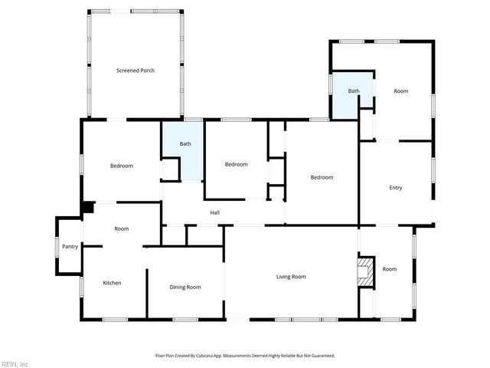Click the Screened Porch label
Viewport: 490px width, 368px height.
(x=136, y=71)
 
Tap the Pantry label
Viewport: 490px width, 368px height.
(x=70, y=247)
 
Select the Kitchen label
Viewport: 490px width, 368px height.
(x=112, y=283)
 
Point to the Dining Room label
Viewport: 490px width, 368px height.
(x=185, y=287)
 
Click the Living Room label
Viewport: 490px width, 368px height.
(x=291, y=277)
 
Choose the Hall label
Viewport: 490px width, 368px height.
(x=216, y=212)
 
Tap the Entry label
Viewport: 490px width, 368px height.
(x=395, y=187)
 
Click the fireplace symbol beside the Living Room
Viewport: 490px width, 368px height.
(x=366, y=271)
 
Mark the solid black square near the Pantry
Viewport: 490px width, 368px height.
(x=87, y=207)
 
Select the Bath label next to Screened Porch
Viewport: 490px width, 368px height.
(x=185, y=143)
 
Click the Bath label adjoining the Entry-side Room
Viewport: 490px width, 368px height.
(x=354, y=91)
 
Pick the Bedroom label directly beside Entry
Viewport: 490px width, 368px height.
(x=322, y=177)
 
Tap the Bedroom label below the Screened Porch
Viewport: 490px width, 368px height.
(x=121, y=166)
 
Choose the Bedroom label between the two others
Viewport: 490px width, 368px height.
(x=236, y=164)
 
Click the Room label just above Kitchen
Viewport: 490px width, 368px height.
(x=121, y=228)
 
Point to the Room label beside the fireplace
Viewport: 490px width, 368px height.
(x=390, y=269)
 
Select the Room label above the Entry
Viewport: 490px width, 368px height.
(x=400, y=91)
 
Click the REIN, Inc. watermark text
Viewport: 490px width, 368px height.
(x=15, y=363)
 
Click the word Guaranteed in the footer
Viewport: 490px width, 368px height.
(x=318, y=356)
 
